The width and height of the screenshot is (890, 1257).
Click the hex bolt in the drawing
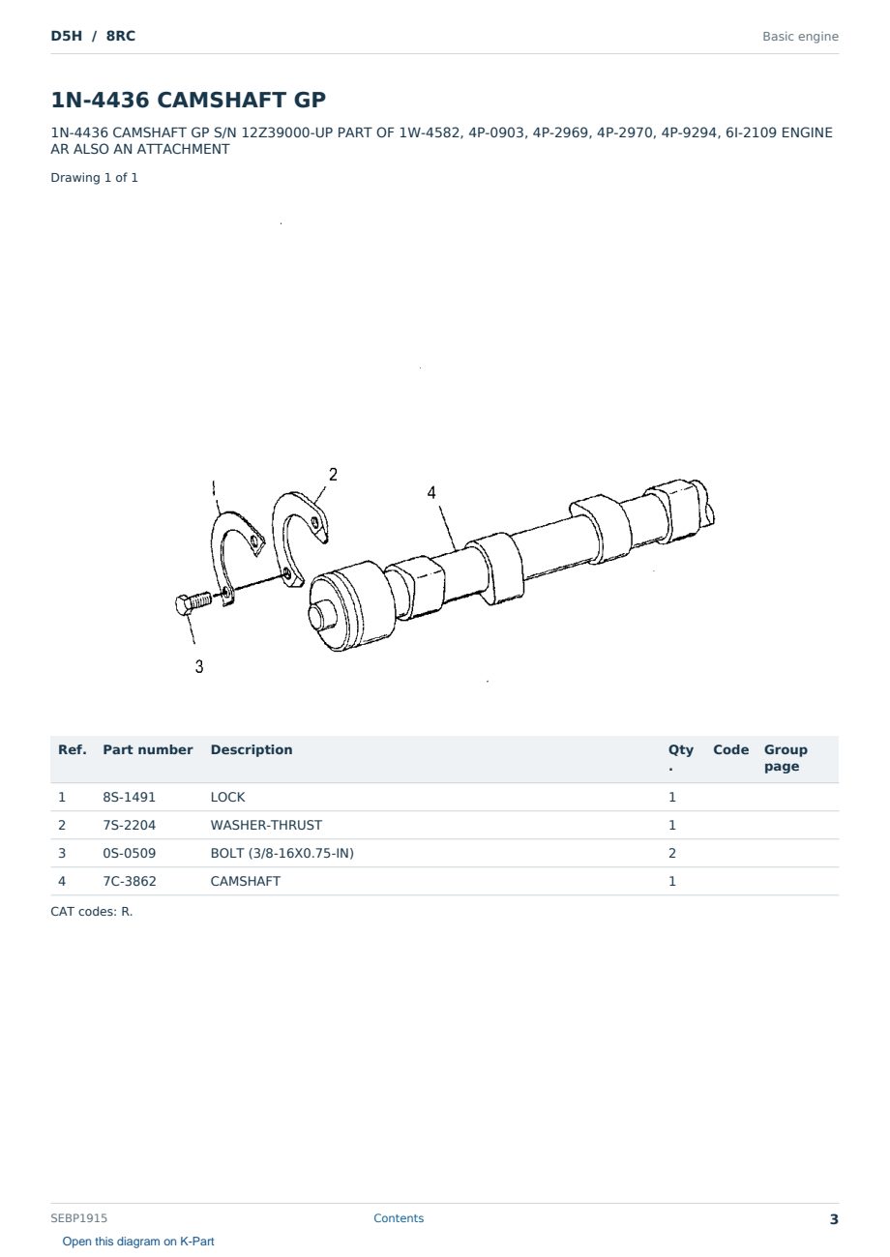tap(193, 603)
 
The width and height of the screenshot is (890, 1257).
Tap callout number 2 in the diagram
tap(333, 475)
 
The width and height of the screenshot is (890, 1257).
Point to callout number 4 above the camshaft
tap(431, 493)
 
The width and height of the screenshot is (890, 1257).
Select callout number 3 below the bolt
tap(199, 666)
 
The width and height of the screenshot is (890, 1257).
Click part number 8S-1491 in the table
tap(129, 797)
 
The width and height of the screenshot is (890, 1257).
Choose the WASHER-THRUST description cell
tap(266, 825)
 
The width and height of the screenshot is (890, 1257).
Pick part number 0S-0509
tap(130, 853)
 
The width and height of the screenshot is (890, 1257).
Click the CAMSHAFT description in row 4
tap(246, 881)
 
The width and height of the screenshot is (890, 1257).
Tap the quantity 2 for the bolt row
tap(672, 853)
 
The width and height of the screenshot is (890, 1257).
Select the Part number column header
tap(148, 749)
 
